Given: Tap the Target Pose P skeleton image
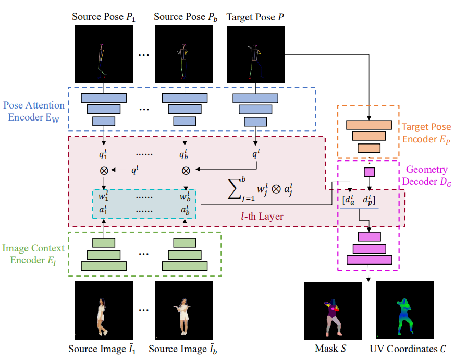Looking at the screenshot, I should click(x=255, y=54).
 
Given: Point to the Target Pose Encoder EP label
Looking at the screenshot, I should click(x=427, y=133).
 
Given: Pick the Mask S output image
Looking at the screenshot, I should click(x=333, y=311).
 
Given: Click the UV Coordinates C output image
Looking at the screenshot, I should click(x=405, y=311).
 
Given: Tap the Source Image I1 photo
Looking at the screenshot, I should click(x=104, y=311).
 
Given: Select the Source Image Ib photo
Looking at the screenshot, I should click(x=184, y=311).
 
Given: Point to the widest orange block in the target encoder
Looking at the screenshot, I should click(x=368, y=125).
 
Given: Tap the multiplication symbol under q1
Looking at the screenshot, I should click(x=104, y=170).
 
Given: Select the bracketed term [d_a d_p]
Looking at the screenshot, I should click(x=359, y=199).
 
